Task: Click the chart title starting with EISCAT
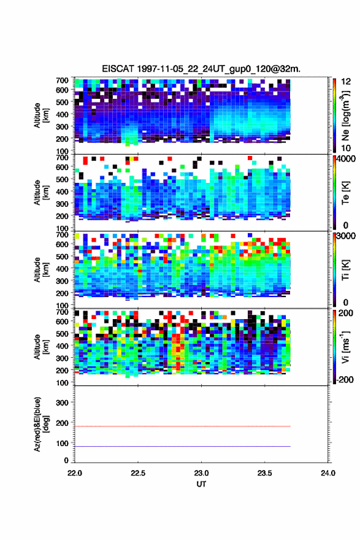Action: pyautogui.click(x=201, y=69)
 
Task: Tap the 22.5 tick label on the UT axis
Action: pyautogui.click(x=138, y=473)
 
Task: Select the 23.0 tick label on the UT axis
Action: pyautogui.click(x=201, y=473)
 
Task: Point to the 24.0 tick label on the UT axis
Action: pyautogui.click(x=328, y=473)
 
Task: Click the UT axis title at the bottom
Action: pyautogui.click(x=201, y=484)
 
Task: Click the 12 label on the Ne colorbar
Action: pyautogui.click(x=346, y=82)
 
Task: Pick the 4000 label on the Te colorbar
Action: pyautogui.click(x=347, y=159)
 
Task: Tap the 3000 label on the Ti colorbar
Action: pyautogui.click(x=347, y=236)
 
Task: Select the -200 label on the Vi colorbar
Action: pyautogui.click(x=345, y=379)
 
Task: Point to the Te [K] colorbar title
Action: pyautogui.click(x=345, y=193)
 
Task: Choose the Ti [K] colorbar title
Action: pyautogui.click(x=345, y=270)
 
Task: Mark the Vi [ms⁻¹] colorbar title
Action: pyautogui.click(x=345, y=347)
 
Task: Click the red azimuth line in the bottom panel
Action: pyautogui.click(x=183, y=426)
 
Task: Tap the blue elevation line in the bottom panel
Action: pyautogui.click(x=183, y=446)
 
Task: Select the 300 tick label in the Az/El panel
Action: pyautogui.click(x=63, y=403)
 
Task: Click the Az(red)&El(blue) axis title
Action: pyautogui.click(x=40, y=424)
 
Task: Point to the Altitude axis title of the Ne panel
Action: pyautogui.click(x=40, y=115)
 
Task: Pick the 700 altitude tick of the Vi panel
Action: pyautogui.click(x=63, y=312)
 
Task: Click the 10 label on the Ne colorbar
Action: pyautogui.click(x=346, y=148)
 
